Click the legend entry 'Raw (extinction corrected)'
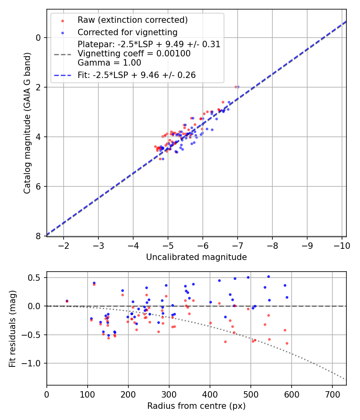[x=132, y=20]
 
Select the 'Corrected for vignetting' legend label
[x=127, y=32]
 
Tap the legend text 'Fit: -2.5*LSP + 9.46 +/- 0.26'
[x=136, y=75]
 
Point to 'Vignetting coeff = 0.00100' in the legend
[x=134, y=54]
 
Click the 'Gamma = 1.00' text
[x=109, y=63]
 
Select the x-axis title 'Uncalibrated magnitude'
[x=196, y=257]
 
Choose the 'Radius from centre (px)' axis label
[x=196, y=406]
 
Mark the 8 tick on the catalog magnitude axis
[x=39, y=236]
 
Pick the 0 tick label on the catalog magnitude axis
[x=39, y=38]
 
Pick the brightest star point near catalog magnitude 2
[x=237, y=87]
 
